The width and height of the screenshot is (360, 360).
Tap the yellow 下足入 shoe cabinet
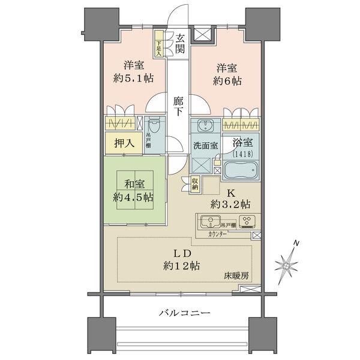tap(158, 45)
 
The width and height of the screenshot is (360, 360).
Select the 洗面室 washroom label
tap(204, 145)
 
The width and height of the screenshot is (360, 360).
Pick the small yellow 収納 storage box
tap(196, 184)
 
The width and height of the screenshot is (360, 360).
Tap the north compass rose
tap(287, 262)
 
